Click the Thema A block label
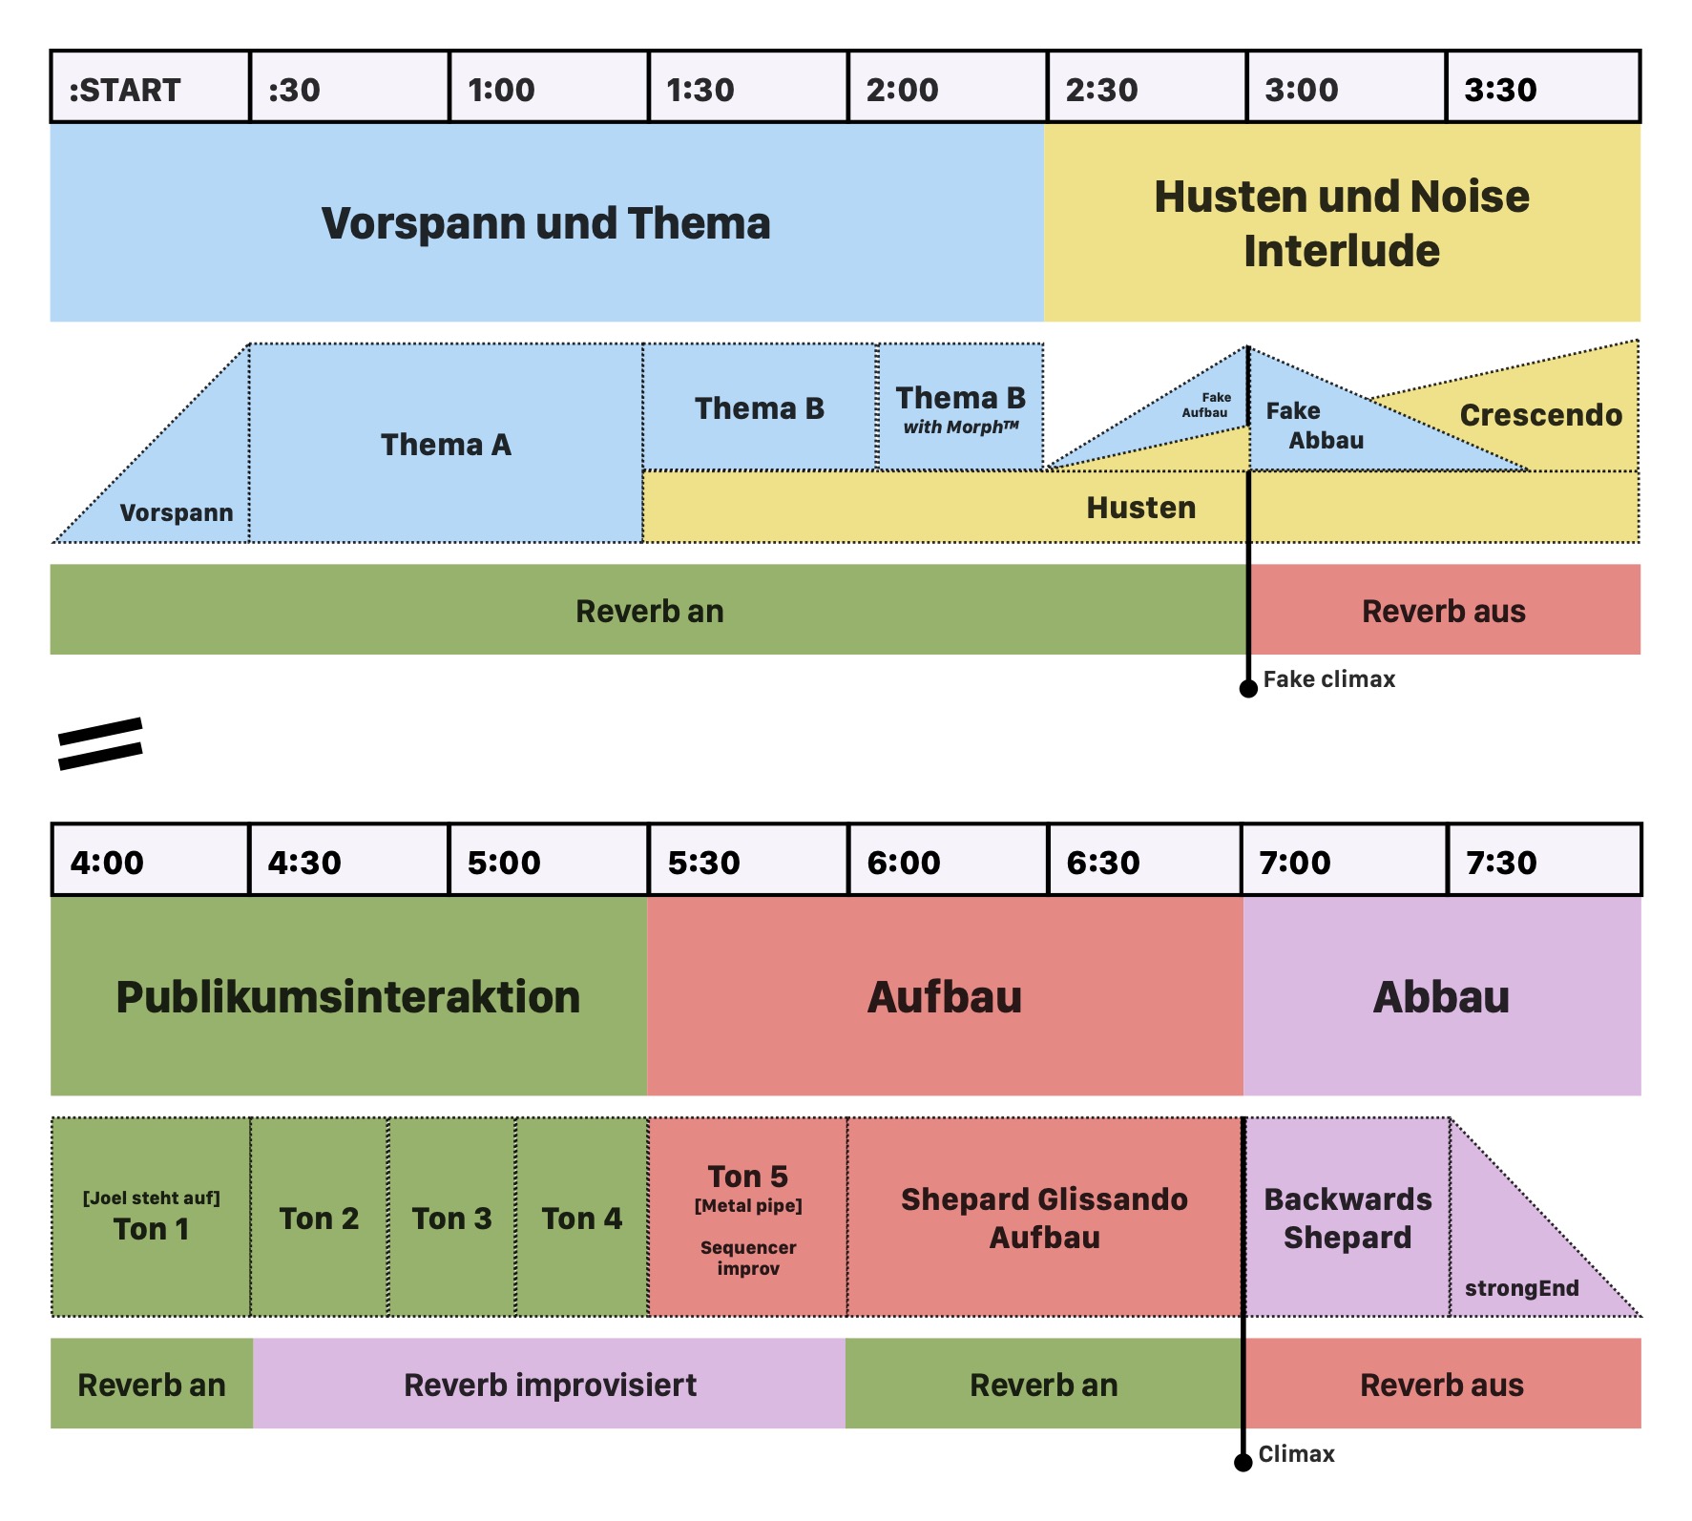click(446, 445)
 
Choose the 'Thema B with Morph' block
click(960, 408)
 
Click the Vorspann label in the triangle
click(177, 512)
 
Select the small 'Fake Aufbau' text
click(1206, 405)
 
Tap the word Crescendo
click(1540, 415)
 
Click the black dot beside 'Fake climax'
click(1248, 688)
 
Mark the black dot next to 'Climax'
click(1243, 1462)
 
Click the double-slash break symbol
click(100, 742)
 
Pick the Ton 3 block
click(451, 1219)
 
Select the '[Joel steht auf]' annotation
click(151, 1198)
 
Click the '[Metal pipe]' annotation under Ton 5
click(748, 1205)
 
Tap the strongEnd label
click(1521, 1288)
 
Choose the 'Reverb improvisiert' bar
click(550, 1385)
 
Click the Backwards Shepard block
click(1347, 1218)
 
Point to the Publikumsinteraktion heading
click(348, 997)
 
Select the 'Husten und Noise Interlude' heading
click(1342, 223)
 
